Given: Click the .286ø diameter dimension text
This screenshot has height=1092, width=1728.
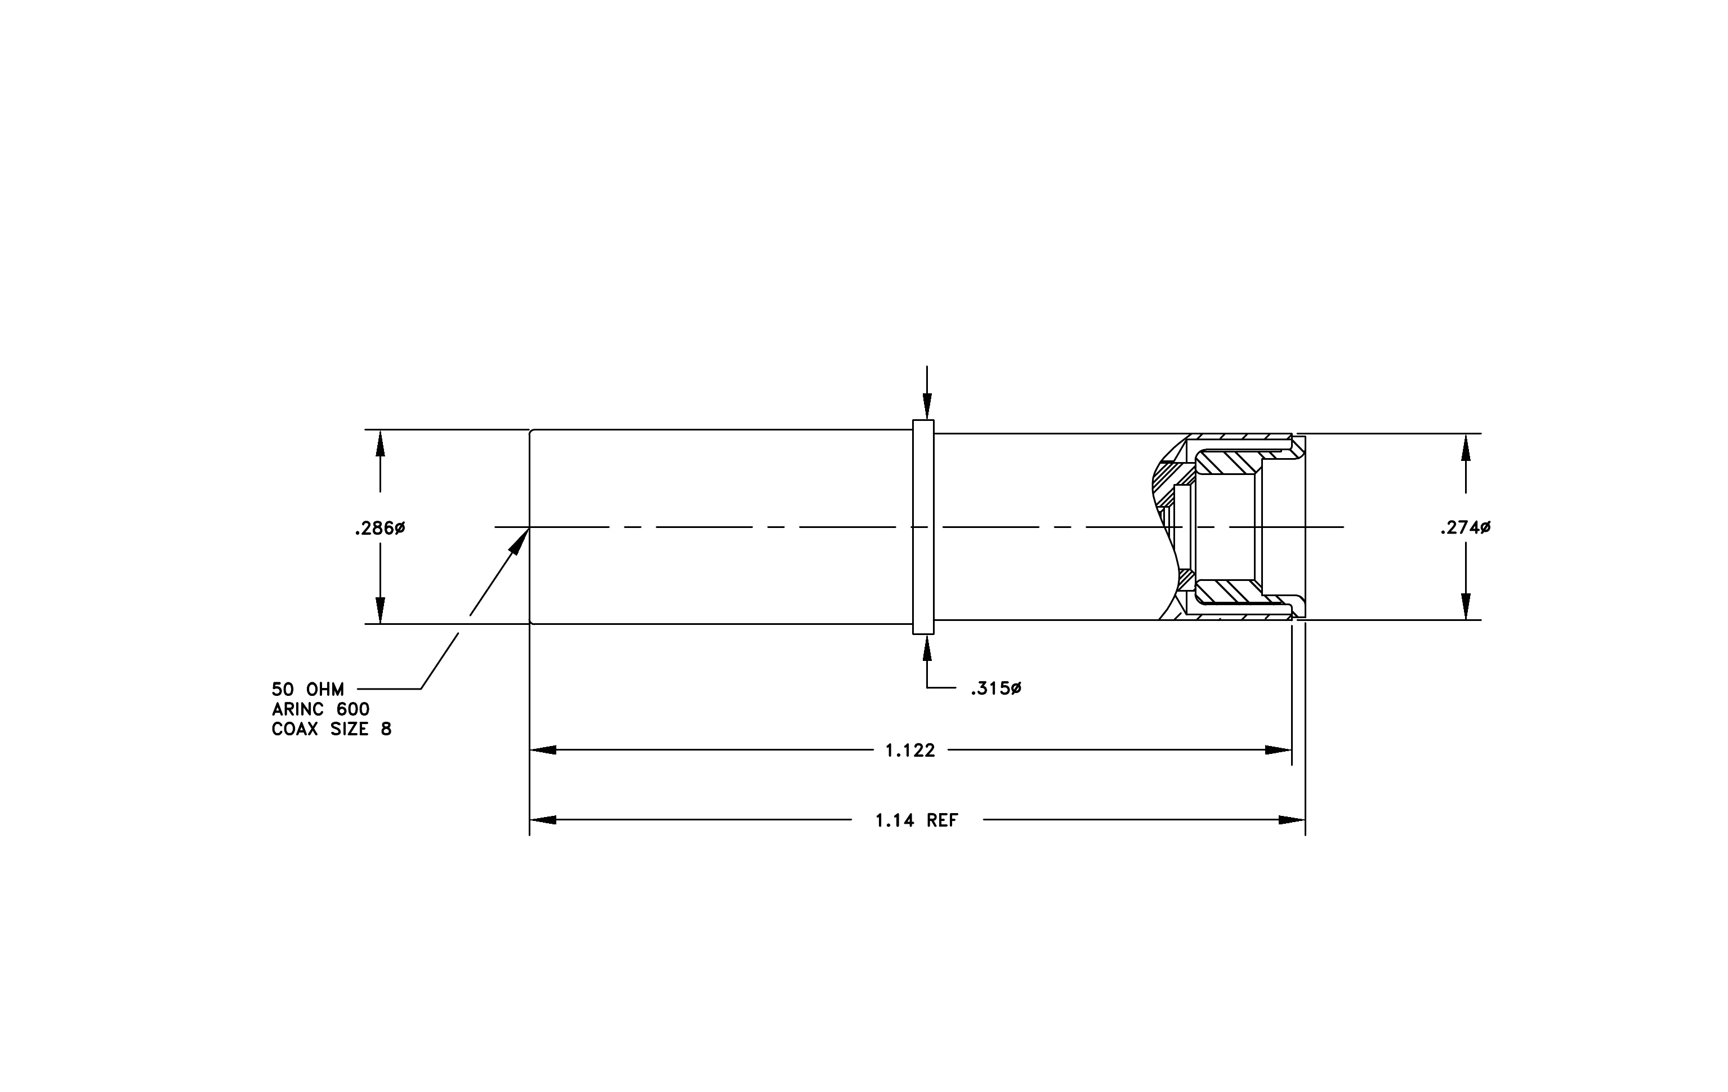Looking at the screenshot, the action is pos(379,529).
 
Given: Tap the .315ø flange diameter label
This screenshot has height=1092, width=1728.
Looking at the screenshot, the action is pos(996,689).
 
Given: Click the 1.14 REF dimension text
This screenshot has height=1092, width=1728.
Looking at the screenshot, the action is pos(917,820).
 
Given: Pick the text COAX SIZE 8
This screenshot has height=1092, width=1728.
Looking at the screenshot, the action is pos(332,730).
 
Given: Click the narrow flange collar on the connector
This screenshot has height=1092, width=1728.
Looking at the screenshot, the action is pos(923,527).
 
